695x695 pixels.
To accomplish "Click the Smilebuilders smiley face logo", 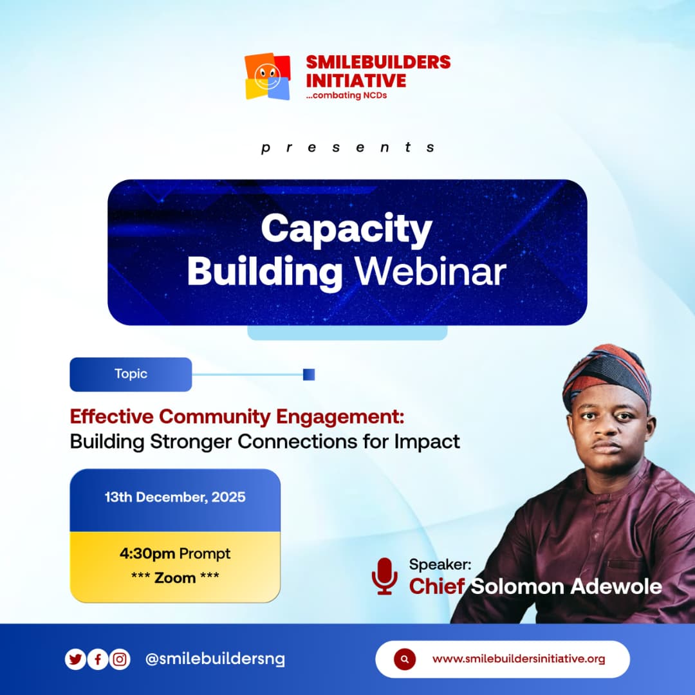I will click(x=267, y=76).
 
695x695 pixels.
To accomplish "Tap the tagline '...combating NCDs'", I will click(x=346, y=96).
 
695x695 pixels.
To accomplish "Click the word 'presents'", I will click(x=347, y=147).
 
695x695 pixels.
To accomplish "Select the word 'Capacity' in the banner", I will click(x=346, y=229).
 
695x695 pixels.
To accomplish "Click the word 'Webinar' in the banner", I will click(x=431, y=272).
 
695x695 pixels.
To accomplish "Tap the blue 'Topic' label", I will click(x=131, y=374).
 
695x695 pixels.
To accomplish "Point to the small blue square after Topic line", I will click(x=309, y=375).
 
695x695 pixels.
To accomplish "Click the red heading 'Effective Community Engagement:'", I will click(x=237, y=416).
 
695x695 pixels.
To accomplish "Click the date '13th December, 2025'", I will click(x=175, y=497).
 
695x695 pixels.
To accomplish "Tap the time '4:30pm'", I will click(x=147, y=553).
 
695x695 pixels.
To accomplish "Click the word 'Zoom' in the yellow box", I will click(x=175, y=577).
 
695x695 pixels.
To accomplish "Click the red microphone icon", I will click(x=384, y=575).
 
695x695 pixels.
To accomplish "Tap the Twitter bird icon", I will click(x=75, y=660).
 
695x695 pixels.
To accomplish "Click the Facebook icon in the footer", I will click(x=97, y=660).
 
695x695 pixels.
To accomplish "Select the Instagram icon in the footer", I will click(x=120, y=660).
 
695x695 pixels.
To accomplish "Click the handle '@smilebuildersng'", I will click(x=215, y=660).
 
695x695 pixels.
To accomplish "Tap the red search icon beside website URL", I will click(x=404, y=659).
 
